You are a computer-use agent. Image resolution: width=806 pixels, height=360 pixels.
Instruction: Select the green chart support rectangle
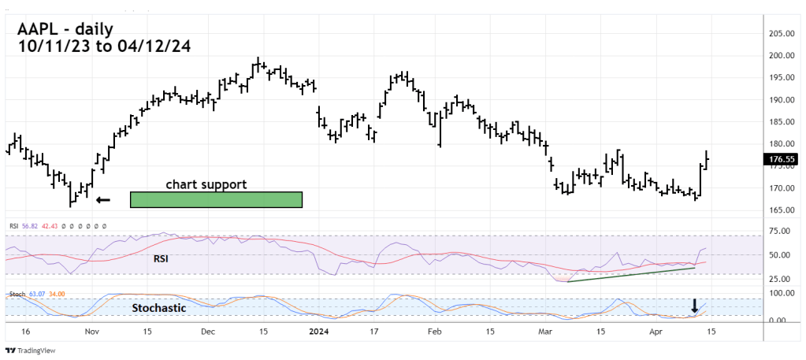[x=216, y=199]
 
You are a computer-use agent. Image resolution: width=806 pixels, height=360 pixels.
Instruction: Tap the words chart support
[x=206, y=184]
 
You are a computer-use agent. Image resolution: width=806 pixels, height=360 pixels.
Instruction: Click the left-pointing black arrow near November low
[x=103, y=200]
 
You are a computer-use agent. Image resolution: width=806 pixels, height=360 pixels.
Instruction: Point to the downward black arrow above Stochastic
[x=694, y=306]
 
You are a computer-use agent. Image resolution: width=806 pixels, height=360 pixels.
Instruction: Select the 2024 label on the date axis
[x=317, y=332]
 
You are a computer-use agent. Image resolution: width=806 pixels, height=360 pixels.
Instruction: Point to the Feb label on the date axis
[x=434, y=332]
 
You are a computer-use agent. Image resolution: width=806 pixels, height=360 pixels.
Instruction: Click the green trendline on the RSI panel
[x=630, y=275]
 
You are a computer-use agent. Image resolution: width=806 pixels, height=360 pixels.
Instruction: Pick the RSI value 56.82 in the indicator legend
[x=29, y=226]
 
